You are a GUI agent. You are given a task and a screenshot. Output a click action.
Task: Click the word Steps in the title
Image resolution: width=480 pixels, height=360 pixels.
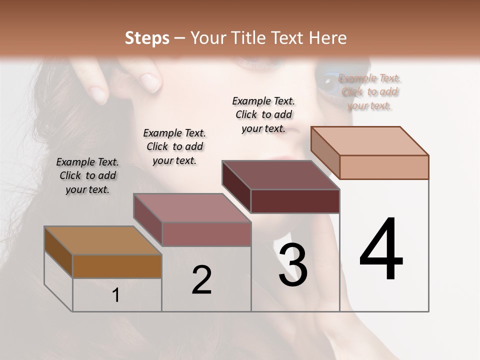pos(147,38)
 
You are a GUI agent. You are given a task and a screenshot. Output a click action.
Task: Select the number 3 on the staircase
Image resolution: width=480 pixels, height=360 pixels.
pos(293,265)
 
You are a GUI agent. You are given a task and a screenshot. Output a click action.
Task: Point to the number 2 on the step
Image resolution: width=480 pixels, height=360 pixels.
pos(202,280)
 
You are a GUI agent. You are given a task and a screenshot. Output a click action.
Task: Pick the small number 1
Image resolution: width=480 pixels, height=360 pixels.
pos(116,295)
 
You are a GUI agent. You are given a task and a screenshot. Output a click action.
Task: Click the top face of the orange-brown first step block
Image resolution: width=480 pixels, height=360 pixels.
pos(102,240)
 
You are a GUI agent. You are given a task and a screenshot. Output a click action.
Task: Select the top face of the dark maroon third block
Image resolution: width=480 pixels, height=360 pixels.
pos(280,175)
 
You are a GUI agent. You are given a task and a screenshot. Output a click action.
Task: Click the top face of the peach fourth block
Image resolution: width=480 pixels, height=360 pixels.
pos(369,141)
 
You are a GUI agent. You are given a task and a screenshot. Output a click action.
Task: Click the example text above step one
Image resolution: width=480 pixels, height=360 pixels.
pos(87,175)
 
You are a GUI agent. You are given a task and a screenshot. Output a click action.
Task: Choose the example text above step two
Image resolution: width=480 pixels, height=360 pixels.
pos(174,146)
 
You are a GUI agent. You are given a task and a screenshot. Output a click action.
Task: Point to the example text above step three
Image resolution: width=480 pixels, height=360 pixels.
pos(263,114)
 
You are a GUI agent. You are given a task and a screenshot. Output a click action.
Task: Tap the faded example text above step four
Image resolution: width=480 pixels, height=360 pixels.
pos(369,91)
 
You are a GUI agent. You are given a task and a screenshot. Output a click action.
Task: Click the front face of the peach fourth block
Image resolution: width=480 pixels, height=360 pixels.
pos(384,167)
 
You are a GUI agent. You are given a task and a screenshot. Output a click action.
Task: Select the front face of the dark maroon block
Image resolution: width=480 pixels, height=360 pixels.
pos(295,201)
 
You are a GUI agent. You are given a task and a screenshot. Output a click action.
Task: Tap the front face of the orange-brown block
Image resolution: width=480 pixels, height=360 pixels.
pos(117,266)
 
